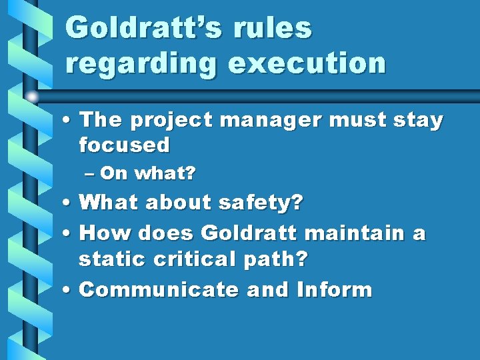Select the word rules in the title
(279, 28)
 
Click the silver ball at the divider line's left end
(31, 96)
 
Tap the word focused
(124, 144)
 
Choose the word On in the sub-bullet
(115, 174)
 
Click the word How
(103, 233)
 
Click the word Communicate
(159, 290)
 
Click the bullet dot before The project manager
(69, 121)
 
